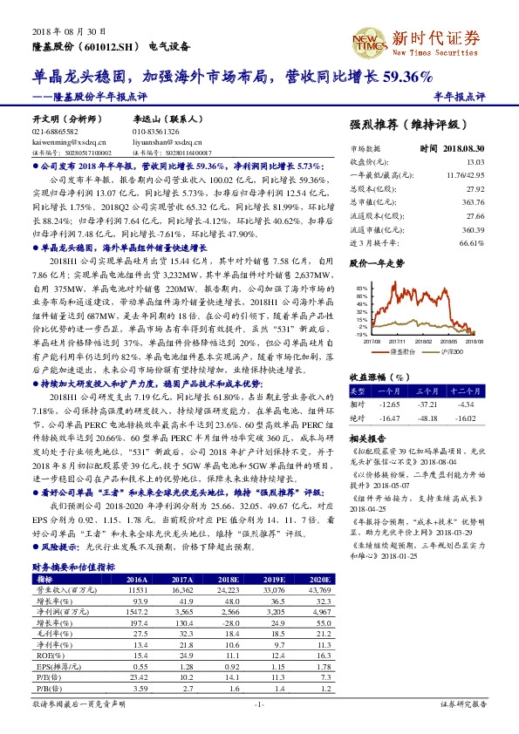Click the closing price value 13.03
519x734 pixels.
[475, 162]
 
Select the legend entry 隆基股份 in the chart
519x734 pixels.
[403, 352]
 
